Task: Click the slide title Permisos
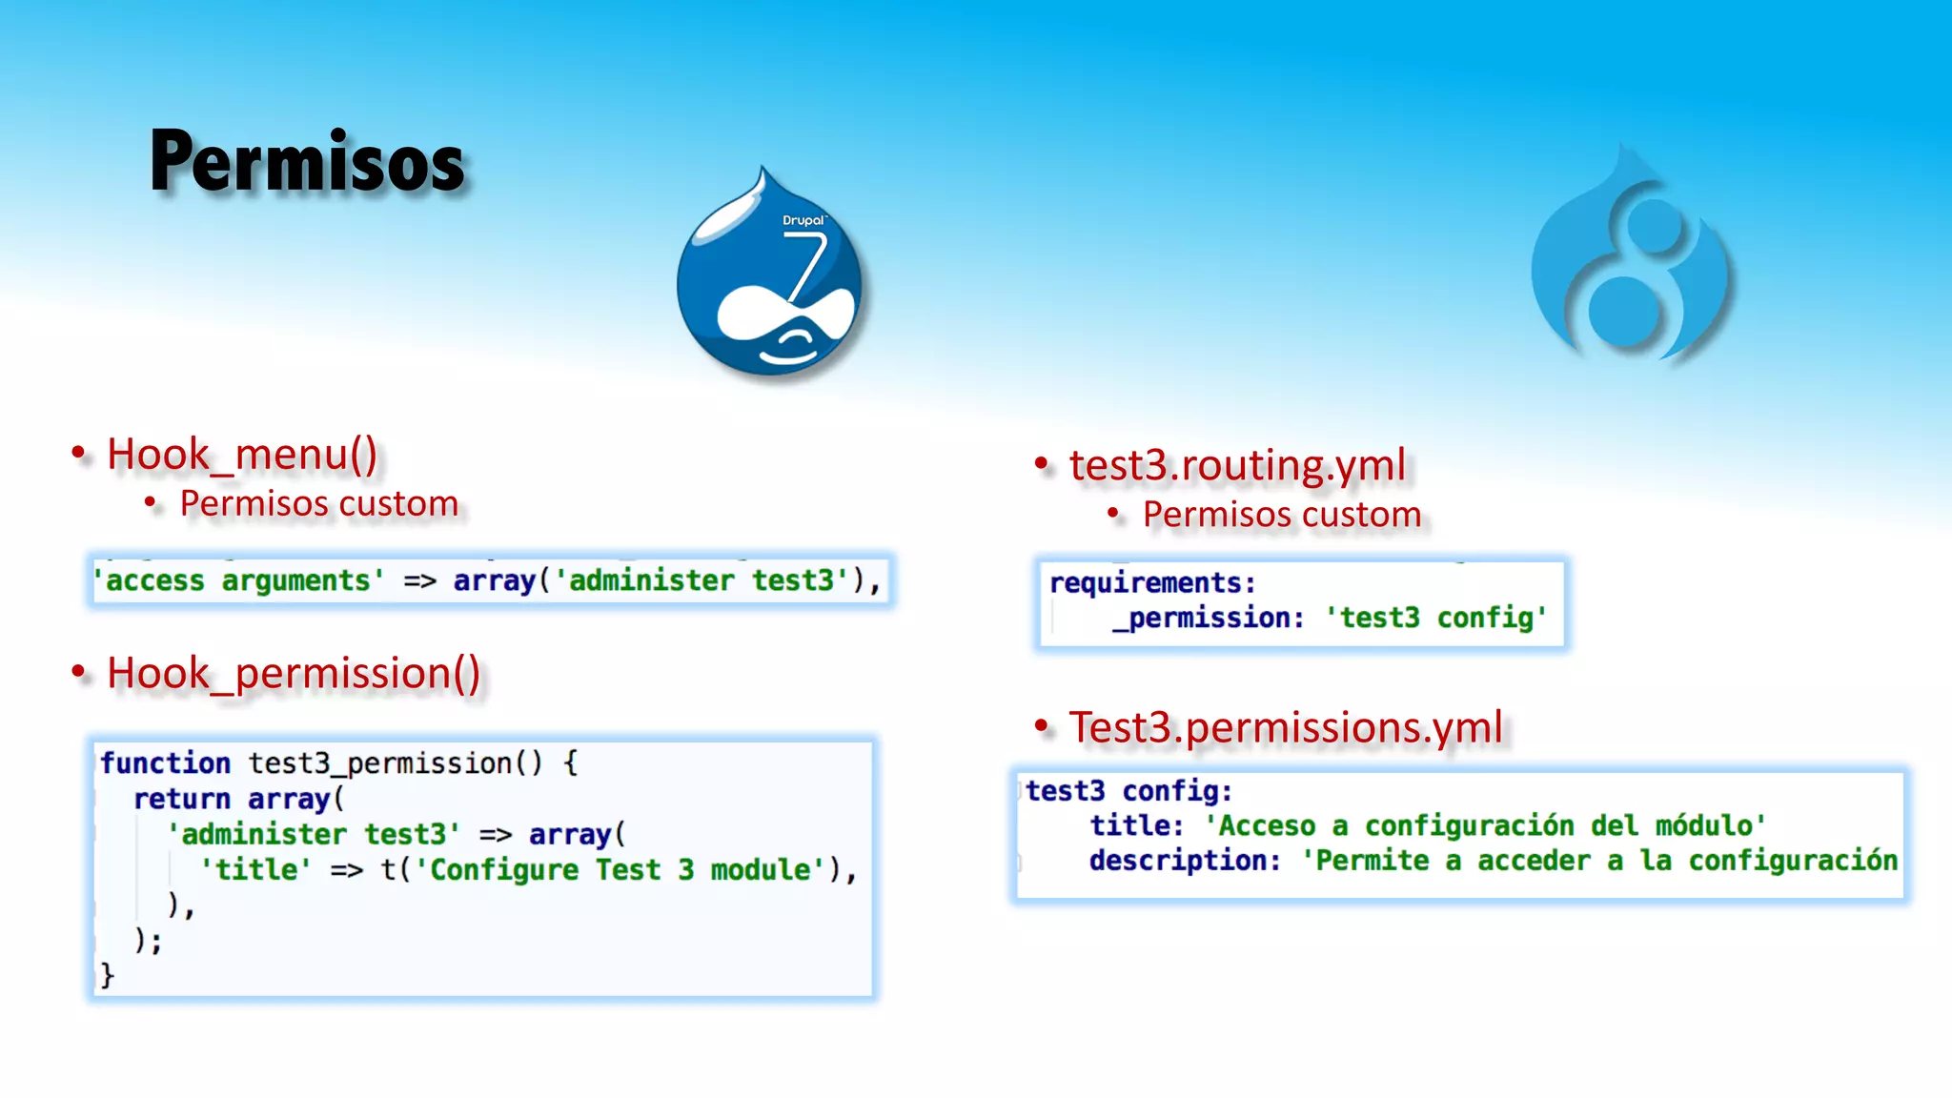pos(307,162)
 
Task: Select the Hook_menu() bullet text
pos(242,454)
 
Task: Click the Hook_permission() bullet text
pos(294,673)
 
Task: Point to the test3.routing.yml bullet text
pos(1237,465)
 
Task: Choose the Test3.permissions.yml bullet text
pos(1285,727)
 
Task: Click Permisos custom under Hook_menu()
pos(319,503)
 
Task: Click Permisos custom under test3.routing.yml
pos(1282,515)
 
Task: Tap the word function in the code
pos(165,762)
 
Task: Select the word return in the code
pos(181,799)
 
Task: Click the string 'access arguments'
pos(238,580)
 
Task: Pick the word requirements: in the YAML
pos(1152,582)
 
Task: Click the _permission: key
pos(1208,618)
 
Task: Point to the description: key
pos(1185,861)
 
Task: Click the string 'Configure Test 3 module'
pos(620,869)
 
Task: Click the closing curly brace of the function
pos(107,975)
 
